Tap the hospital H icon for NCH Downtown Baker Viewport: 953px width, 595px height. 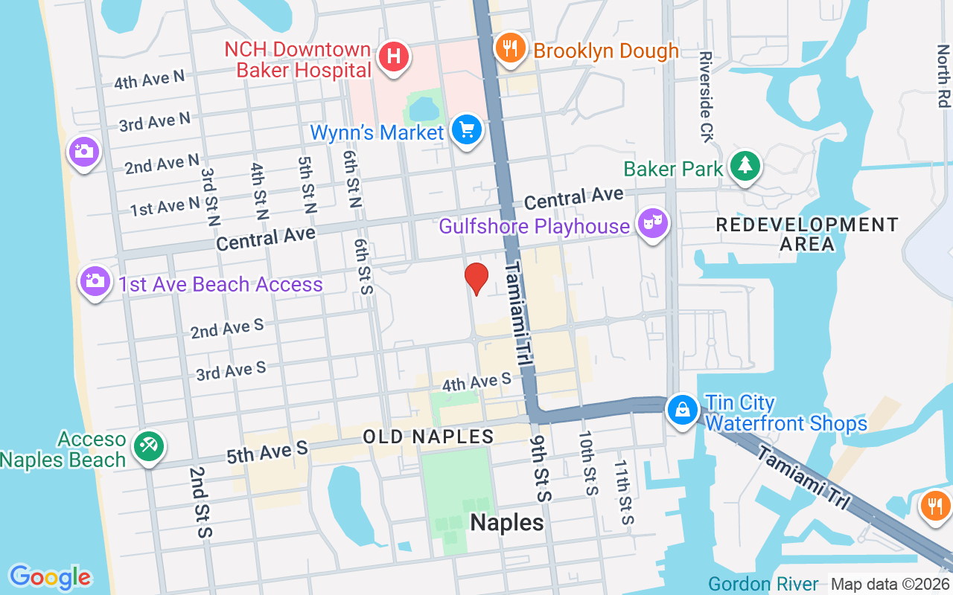[x=394, y=57]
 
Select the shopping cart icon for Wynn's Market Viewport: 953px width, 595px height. [x=467, y=130]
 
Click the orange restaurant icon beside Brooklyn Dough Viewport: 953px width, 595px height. [x=509, y=49]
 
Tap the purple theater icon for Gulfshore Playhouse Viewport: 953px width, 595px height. [x=653, y=223]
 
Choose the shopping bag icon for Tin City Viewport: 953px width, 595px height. [x=681, y=410]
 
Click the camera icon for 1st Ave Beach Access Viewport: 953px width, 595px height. [x=95, y=281]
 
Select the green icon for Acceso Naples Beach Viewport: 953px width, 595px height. [x=149, y=447]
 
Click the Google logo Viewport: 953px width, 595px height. [x=50, y=577]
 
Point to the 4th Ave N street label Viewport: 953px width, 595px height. [x=149, y=79]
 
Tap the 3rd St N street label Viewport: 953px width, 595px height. [x=211, y=197]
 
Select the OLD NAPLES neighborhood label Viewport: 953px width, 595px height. [x=429, y=437]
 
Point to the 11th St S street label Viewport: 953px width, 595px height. [x=623, y=492]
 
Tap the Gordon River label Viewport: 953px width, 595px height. [x=763, y=584]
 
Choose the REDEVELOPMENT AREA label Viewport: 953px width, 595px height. [x=807, y=234]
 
